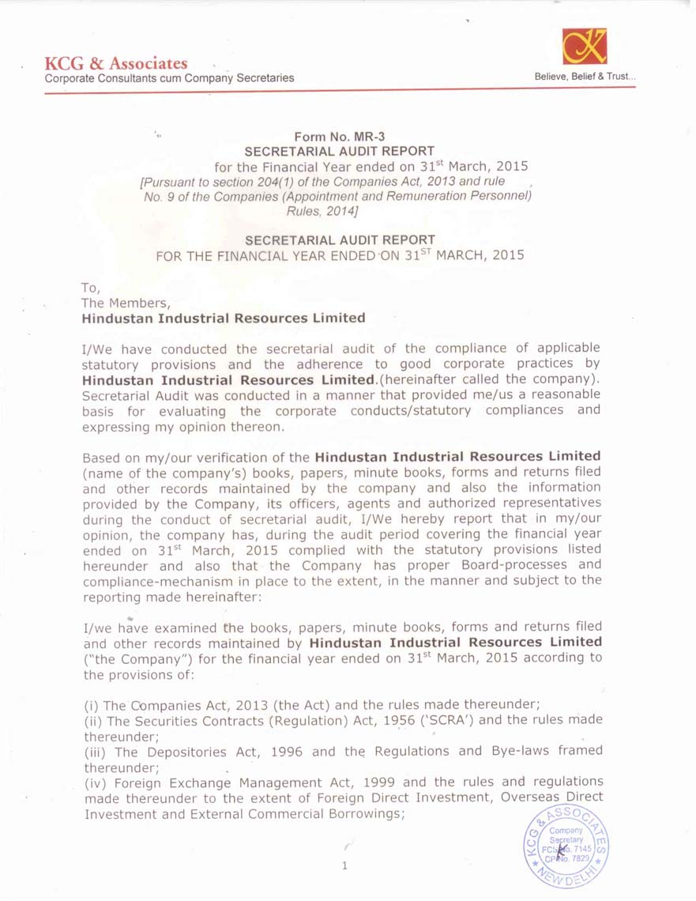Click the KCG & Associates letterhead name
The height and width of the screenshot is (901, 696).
point(116,63)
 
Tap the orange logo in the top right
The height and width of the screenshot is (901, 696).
point(585,47)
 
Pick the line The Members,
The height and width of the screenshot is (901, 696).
point(126,303)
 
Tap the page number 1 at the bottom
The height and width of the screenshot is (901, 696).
point(344,865)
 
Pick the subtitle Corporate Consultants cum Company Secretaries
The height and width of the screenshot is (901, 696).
point(169,77)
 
